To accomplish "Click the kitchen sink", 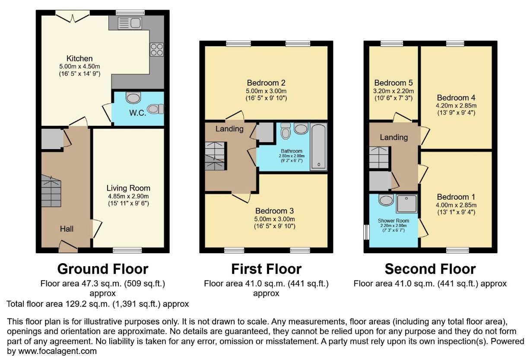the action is (x=130, y=23).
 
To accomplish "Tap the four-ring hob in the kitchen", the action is (x=157, y=50).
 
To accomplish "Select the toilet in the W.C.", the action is (x=156, y=109).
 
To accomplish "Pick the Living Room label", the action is (x=128, y=188).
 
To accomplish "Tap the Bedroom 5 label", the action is (x=394, y=83).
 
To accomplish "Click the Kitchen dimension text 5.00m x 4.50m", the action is (x=80, y=67).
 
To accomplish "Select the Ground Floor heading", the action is (x=103, y=269).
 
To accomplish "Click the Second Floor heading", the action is (x=430, y=269).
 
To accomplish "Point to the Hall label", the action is (x=67, y=229).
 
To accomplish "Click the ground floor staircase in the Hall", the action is (x=51, y=191).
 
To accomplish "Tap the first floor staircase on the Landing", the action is (x=215, y=156).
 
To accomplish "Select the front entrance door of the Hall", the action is (x=68, y=246).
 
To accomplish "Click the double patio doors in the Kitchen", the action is (x=73, y=16).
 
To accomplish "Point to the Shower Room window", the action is (x=366, y=232).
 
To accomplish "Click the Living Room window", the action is (x=127, y=250).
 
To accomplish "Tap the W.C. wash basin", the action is (x=133, y=98).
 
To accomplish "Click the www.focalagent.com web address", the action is (x=57, y=351).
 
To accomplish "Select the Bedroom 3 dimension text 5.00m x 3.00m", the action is (x=274, y=219).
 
